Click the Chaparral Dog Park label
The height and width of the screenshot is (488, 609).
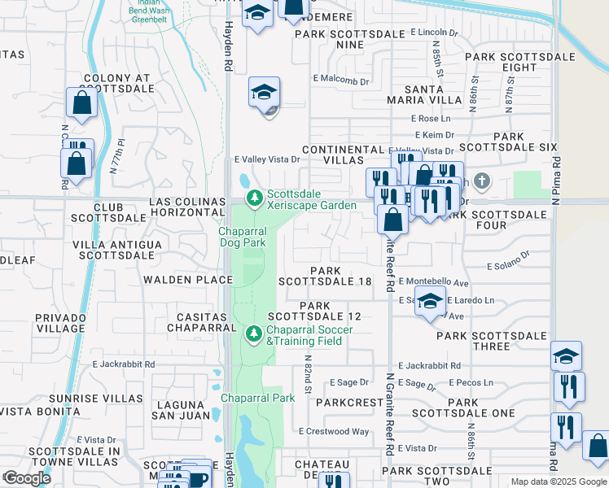coord(242,237)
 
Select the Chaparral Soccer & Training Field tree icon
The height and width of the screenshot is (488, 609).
coord(254,333)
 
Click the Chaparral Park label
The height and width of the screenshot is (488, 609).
coord(257,398)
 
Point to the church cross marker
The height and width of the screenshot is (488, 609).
coord(481,180)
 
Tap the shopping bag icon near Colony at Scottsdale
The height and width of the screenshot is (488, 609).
coord(82,103)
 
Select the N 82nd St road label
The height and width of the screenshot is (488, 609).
coord(309,373)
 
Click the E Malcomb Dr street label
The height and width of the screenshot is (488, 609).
coord(341,81)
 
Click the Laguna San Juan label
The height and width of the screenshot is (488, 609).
coord(177,410)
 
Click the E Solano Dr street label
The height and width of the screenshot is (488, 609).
coord(508,266)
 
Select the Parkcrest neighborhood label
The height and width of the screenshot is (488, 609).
coord(349,403)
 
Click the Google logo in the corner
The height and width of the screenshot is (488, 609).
coord(27,477)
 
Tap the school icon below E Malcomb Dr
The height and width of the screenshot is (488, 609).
coord(265,93)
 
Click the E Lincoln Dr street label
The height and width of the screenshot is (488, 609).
coord(435,33)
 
